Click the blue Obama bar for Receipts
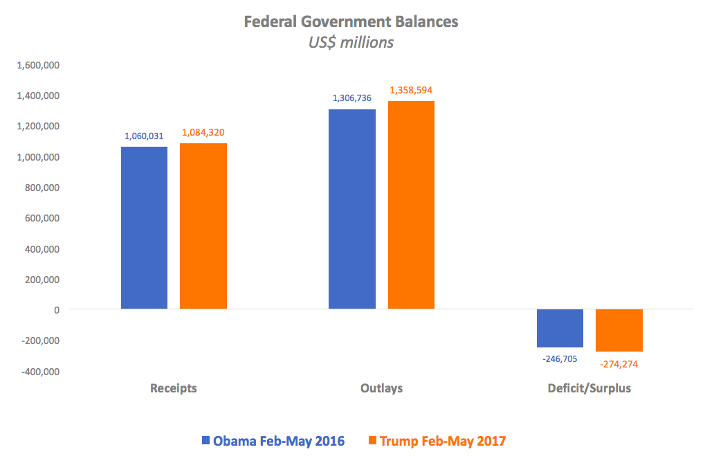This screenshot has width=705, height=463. coord(144,228)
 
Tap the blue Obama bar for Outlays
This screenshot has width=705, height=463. coord(352,209)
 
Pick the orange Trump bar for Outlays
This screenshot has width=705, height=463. coord(411,205)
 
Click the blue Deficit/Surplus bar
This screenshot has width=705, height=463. coord(560,328)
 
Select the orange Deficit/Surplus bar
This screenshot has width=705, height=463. coord(619,330)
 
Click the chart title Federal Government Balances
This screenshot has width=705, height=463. coord(351,21)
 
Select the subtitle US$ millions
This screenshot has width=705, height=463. coord(351,42)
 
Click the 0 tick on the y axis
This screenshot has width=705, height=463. coord(56,310)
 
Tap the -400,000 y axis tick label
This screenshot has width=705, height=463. coord(39,372)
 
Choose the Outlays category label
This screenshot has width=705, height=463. coord(381,388)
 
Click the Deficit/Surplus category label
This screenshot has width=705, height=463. coord(589,388)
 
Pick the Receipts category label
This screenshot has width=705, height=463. coord(174,388)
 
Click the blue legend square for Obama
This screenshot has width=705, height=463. coord(205,441)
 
